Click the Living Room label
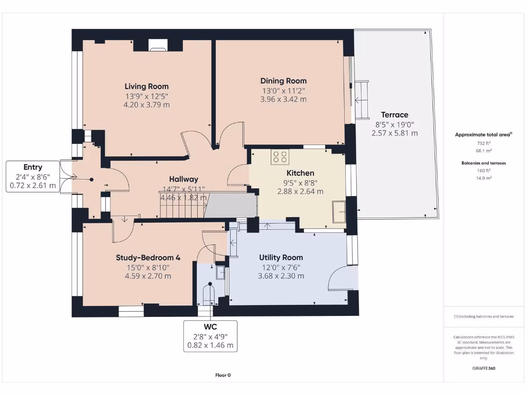click(146, 86)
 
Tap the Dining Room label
click(283, 81)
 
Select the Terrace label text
click(394, 115)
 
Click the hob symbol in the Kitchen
click(280, 157)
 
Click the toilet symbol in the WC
click(210, 294)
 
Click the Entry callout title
click(33, 167)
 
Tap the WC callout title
click(210, 327)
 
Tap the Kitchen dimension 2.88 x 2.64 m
click(300, 191)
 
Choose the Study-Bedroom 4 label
click(147, 258)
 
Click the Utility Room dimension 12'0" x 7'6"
click(280, 267)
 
